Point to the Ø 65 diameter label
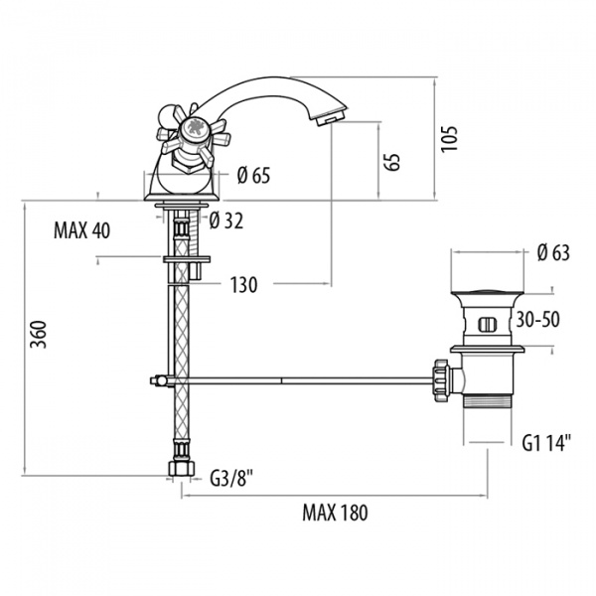tap(254, 177)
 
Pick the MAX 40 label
tap(82, 231)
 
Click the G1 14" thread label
tap(545, 444)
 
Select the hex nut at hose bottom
tap(180, 467)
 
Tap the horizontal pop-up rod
tap(298, 377)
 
